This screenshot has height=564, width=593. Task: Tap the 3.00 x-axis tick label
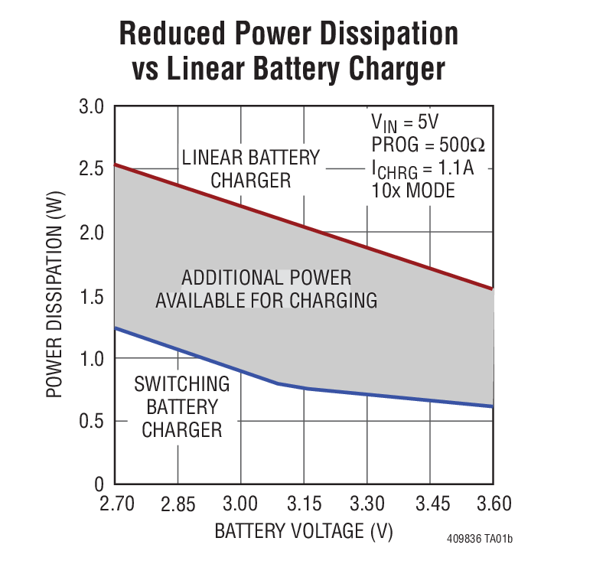coord(240,505)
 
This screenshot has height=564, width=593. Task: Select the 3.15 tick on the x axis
coord(304,505)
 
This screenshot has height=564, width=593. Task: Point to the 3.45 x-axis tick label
coord(430,505)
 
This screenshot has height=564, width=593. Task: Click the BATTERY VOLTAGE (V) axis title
coord(303,531)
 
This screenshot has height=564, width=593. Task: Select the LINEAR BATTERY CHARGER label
coord(251,169)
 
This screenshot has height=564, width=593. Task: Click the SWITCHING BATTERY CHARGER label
coord(182,406)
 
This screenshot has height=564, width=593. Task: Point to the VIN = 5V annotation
coord(404,122)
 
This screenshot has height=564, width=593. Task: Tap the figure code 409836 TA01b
coord(480,540)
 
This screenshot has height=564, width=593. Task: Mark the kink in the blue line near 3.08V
coord(277,383)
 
